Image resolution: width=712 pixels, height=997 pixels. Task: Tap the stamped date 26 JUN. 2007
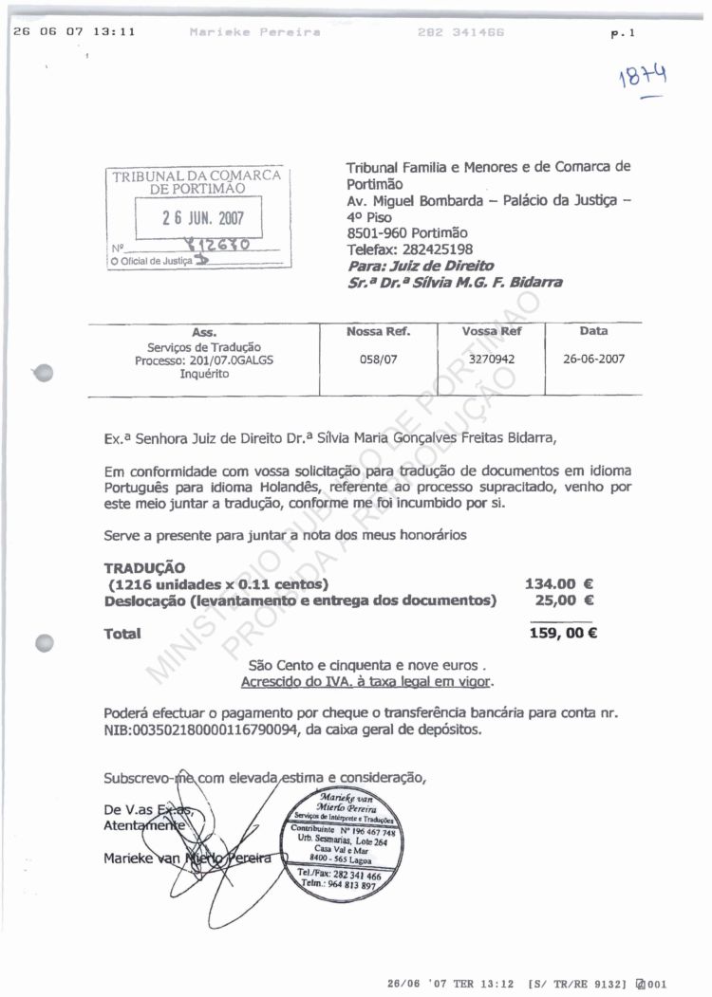(x=202, y=216)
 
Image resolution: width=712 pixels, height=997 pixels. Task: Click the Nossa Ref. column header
(x=379, y=332)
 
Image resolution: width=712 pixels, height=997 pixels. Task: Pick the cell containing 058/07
(x=379, y=360)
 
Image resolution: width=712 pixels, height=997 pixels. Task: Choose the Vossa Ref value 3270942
(x=492, y=360)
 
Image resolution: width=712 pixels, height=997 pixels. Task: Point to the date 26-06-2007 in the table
(x=593, y=360)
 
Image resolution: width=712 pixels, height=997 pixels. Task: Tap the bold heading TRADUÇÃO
(x=144, y=567)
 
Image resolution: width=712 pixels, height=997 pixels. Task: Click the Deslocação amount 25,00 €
(x=565, y=600)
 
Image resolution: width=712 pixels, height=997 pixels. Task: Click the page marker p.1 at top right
(x=623, y=33)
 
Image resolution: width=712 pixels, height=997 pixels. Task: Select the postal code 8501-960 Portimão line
(x=407, y=233)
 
